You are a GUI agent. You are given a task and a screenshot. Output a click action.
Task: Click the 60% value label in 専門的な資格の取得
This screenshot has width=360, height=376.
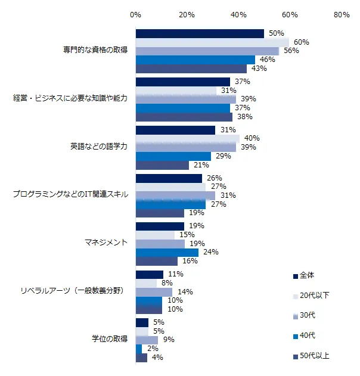click(x=301, y=42)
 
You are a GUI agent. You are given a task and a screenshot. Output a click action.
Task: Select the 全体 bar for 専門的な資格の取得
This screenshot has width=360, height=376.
click(x=200, y=34)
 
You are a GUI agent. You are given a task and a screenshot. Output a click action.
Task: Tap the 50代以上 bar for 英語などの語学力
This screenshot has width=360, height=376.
click(x=162, y=165)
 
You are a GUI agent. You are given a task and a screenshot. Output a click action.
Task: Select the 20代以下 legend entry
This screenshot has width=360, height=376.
click(x=314, y=296)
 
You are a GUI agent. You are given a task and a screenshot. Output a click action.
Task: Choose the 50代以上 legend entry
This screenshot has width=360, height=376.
click(x=314, y=356)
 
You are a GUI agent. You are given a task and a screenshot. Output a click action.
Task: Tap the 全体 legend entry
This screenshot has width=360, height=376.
click(x=306, y=275)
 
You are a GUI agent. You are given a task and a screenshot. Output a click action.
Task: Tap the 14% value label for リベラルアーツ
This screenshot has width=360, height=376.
click(x=185, y=292)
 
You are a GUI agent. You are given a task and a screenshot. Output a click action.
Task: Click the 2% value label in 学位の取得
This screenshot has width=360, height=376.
click(x=152, y=349)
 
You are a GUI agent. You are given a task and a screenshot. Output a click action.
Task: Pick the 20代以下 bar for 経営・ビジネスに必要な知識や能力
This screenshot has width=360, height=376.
click(x=176, y=91)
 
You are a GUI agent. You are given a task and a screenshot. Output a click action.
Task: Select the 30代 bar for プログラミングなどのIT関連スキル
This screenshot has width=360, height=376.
click(x=175, y=195)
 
